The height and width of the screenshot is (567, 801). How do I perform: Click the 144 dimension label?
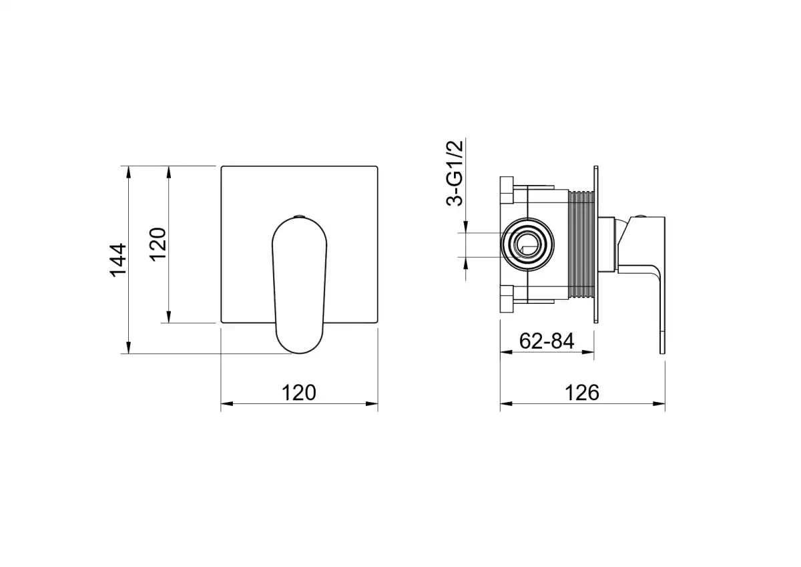(118, 260)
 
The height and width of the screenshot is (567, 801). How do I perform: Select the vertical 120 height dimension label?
(158, 244)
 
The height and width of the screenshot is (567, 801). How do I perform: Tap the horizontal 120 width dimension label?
(299, 393)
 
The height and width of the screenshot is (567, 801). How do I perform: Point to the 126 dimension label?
(582, 393)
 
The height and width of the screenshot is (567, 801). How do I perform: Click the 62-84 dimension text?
(547, 341)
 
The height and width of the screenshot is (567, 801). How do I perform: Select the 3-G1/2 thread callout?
(455, 173)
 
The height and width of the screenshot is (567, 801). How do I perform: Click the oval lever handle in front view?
(299, 285)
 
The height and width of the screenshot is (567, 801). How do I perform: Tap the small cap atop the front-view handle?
(299, 216)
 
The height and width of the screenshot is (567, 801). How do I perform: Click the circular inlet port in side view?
(527, 244)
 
